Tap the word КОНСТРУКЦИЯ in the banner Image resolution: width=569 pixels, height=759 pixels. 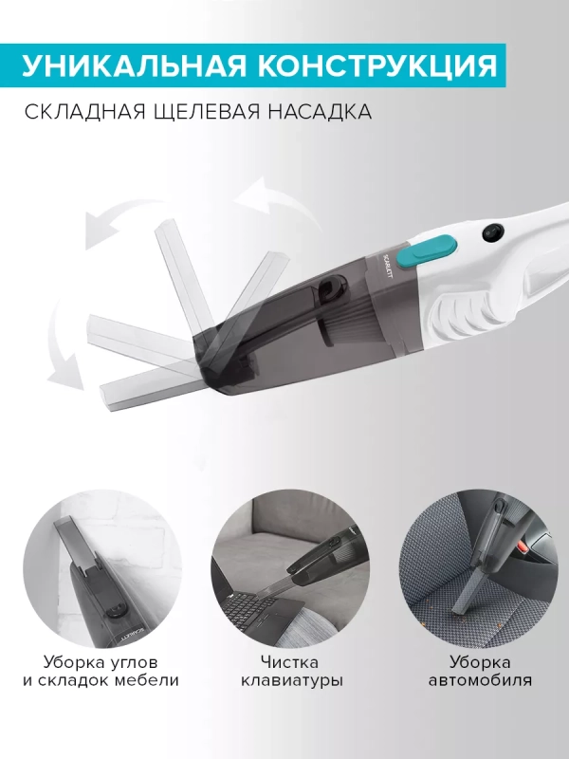pos(371,65)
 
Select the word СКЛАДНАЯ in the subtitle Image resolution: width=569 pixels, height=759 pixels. pos(88,112)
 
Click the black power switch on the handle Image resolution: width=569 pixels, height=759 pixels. pos(491,231)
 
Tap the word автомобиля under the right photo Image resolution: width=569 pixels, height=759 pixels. pos(480,681)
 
